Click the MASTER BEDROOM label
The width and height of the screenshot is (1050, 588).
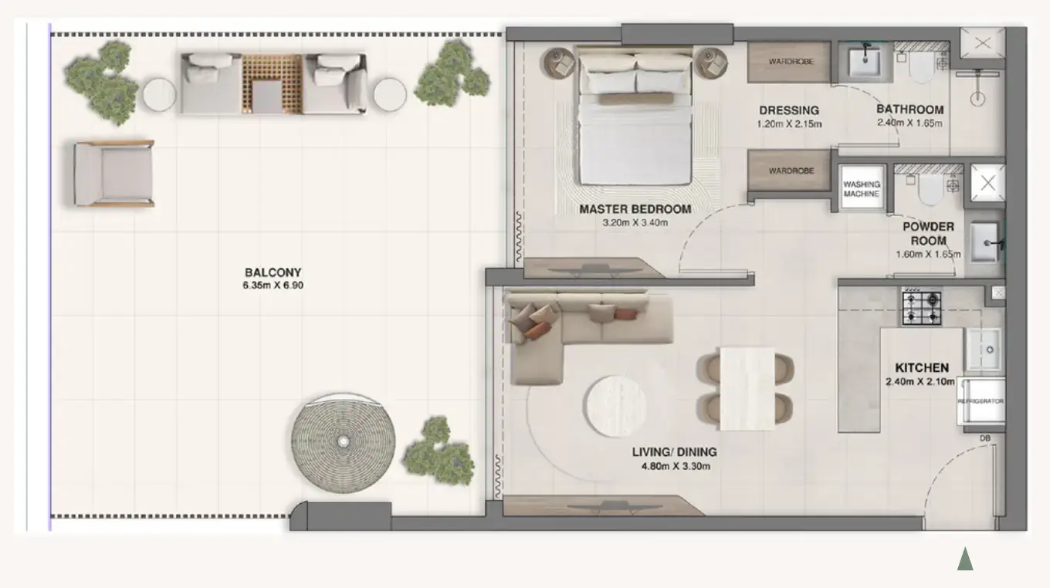coord(635,209)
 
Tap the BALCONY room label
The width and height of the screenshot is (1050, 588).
coord(273,272)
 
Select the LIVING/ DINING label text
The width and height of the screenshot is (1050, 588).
coord(674,452)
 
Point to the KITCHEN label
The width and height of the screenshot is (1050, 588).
coord(921,368)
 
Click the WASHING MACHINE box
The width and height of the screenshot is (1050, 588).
coord(861,189)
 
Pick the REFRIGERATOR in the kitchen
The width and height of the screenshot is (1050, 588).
coord(981,401)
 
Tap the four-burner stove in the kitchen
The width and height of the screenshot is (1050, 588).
coord(922,308)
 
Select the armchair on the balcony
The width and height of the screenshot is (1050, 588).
coord(113,174)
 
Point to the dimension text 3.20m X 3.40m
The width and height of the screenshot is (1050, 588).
coord(635,223)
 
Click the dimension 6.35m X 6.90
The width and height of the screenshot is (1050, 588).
coord(273,285)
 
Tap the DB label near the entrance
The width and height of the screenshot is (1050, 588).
coord(984,438)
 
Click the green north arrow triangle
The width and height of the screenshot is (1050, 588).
coord(965,559)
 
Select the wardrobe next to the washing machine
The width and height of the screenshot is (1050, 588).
coord(789,171)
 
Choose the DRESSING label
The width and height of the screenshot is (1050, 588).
coord(788,110)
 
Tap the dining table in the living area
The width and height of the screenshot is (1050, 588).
coord(747,388)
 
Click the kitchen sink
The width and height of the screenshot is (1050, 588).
coord(983,350)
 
